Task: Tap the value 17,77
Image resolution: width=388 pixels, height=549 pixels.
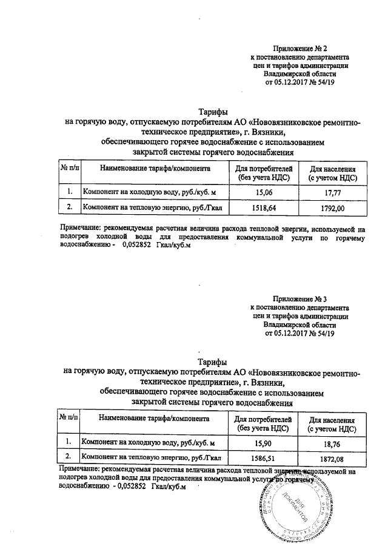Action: click(x=332, y=192)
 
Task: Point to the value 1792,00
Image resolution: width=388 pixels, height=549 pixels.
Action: click(x=332, y=208)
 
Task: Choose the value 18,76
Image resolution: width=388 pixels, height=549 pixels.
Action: click(x=332, y=442)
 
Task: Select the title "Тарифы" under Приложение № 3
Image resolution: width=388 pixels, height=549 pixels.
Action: click(x=214, y=362)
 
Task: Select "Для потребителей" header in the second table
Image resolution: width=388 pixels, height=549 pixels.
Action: click(x=264, y=419)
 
